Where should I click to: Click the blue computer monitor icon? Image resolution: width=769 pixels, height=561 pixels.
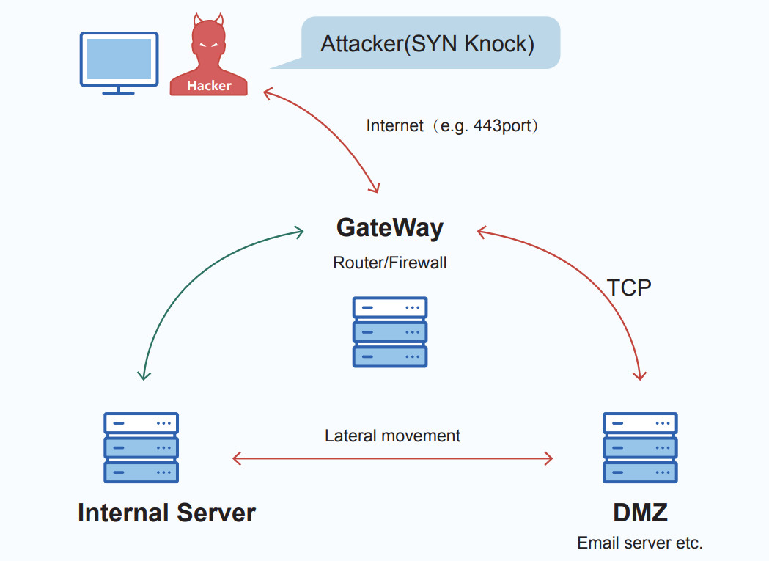119,62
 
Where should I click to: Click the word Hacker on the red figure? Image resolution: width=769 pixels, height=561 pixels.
209,86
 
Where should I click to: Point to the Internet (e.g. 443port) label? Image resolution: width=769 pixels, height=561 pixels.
453,125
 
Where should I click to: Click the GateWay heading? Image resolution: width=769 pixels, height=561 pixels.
389,227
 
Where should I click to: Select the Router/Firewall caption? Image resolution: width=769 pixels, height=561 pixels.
389,263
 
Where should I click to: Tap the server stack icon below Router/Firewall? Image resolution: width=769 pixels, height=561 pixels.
389,331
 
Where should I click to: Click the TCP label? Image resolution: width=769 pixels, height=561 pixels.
628,287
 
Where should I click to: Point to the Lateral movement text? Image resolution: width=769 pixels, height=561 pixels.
392,436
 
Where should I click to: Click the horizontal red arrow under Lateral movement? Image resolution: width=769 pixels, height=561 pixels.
392,459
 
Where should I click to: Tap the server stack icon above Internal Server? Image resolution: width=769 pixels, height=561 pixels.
141,447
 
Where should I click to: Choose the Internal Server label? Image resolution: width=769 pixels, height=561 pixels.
166,513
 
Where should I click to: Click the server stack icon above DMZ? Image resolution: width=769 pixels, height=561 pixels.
639,447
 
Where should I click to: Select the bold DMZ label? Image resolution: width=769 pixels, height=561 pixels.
639,513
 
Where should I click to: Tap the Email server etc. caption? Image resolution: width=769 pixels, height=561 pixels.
639,543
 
